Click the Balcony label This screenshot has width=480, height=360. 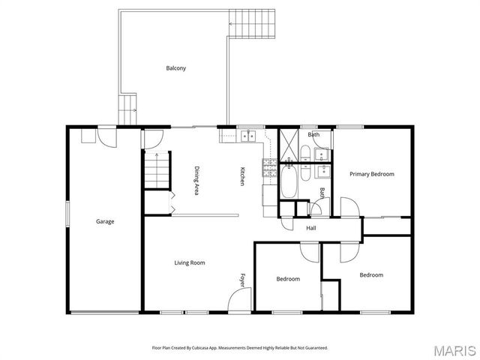175,68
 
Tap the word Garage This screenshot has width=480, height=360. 105,221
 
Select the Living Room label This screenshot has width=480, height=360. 190,262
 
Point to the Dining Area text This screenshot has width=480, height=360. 196,181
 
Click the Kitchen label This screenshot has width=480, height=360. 242,175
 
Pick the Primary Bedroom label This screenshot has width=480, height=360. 371,174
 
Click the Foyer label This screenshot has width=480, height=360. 242,279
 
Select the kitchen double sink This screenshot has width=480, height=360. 247,136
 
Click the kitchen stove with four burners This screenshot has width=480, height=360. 269,167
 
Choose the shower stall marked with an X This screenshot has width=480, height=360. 289,142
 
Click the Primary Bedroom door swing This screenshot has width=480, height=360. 349,208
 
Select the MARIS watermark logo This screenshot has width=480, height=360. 454,349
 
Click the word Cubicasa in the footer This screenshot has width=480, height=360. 199,347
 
